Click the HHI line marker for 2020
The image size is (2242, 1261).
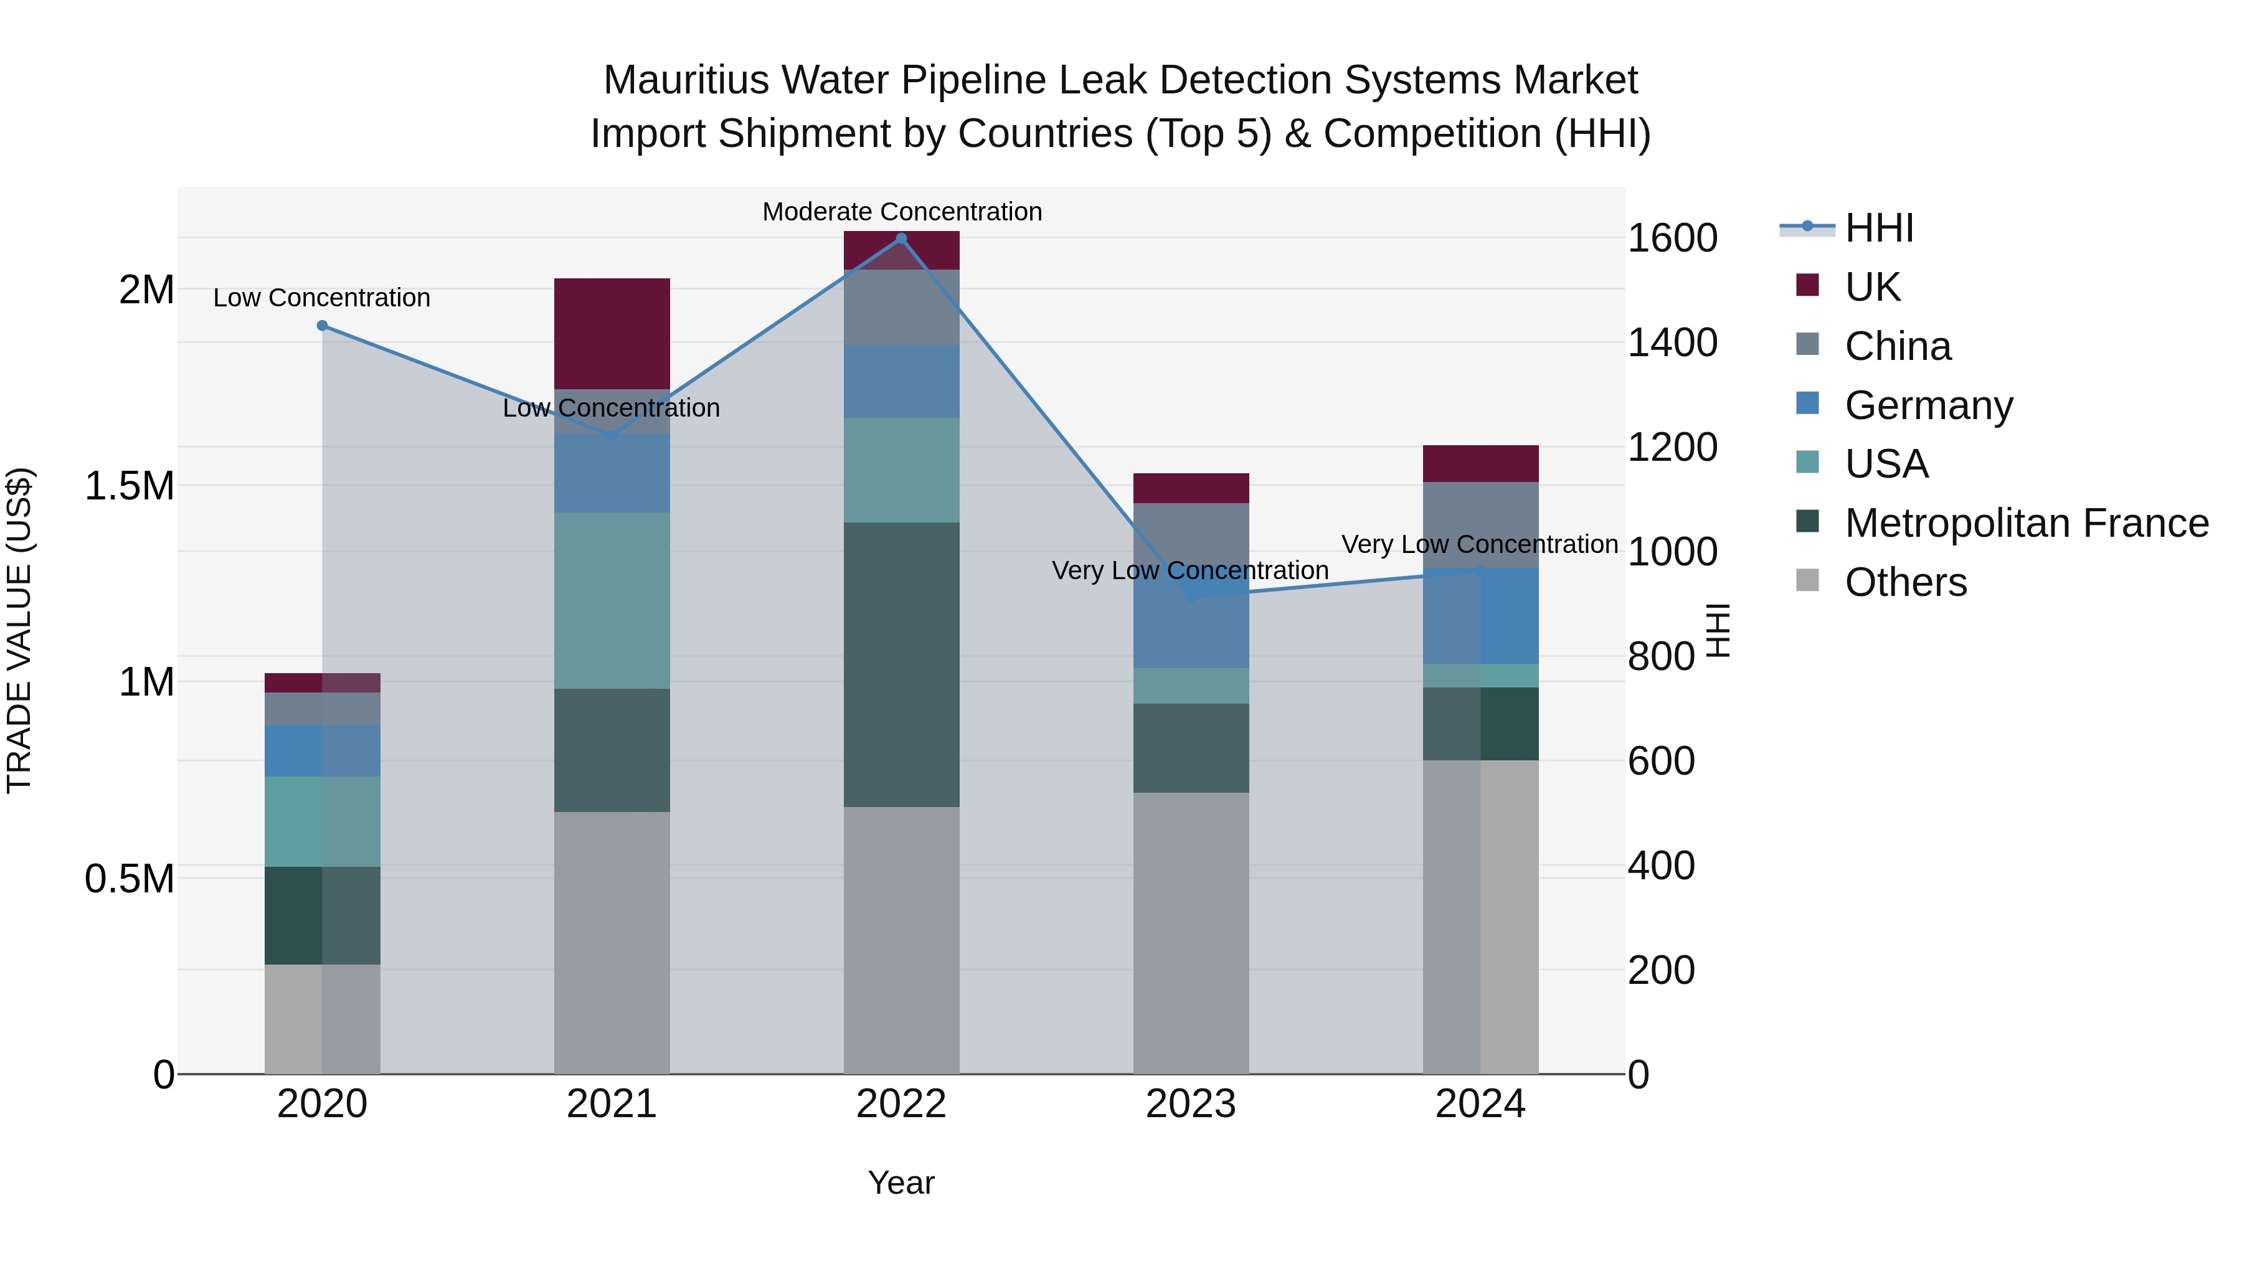click(x=322, y=326)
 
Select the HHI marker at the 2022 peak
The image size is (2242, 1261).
click(x=901, y=239)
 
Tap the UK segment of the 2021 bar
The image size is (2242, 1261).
click(x=612, y=333)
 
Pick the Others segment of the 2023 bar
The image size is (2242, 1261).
click(x=1191, y=932)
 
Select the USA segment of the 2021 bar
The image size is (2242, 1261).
click(x=612, y=600)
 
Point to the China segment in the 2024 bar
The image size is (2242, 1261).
click(x=1480, y=525)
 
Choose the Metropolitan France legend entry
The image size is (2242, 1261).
click(x=2025, y=523)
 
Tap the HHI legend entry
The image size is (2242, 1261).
click(x=1878, y=228)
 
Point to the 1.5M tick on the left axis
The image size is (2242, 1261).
click(x=130, y=486)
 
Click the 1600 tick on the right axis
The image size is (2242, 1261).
click(x=1672, y=239)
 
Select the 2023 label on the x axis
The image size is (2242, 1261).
click(x=1191, y=1104)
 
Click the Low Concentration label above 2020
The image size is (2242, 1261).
click(x=322, y=298)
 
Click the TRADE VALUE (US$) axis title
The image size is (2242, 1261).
click(x=19, y=630)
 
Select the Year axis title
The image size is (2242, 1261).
click(x=901, y=1183)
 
